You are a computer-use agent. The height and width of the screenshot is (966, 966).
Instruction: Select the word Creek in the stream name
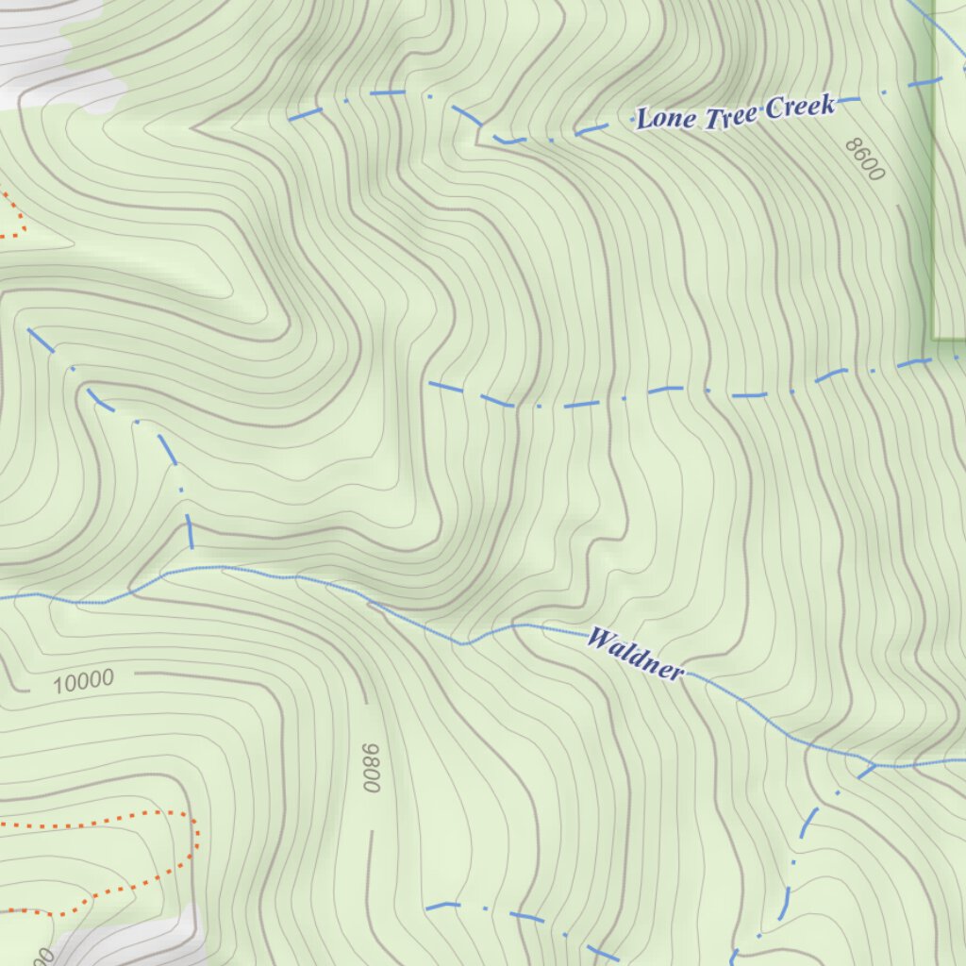pyautogui.click(x=799, y=106)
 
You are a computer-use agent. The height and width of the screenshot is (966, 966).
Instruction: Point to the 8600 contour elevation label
pyautogui.click(x=865, y=158)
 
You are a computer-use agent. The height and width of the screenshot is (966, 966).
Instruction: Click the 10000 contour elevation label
pyautogui.click(x=83, y=680)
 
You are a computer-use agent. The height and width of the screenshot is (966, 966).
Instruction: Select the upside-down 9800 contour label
pyautogui.click(x=371, y=767)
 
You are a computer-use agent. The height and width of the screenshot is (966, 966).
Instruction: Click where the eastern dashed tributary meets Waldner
pyautogui.click(x=874, y=764)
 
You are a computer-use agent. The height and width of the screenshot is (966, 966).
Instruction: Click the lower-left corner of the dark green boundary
pyautogui.click(x=933, y=337)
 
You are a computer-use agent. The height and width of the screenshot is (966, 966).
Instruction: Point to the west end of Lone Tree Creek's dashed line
pyautogui.click(x=291, y=120)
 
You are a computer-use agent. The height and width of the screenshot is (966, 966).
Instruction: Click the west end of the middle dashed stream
pyautogui.click(x=430, y=384)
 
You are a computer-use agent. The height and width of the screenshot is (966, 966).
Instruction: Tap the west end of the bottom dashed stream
pyautogui.click(x=427, y=908)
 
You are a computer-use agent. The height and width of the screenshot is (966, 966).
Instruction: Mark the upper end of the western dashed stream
pyautogui.click(x=30, y=331)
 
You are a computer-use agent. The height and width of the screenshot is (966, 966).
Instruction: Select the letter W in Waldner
pyautogui.click(x=598, y=638)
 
